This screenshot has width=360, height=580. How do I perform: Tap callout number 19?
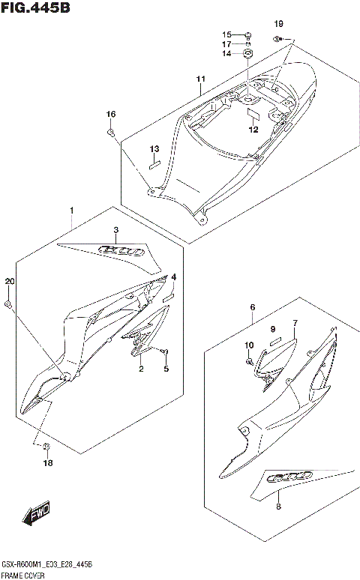click(x=278, y=22)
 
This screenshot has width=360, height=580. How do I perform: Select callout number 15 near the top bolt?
click(x=226, y=34)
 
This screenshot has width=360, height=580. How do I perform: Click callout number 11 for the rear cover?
click(x=200, y=79)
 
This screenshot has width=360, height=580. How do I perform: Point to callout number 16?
click(x=110, y=114)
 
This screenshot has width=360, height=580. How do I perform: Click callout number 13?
click(x=154, y=148)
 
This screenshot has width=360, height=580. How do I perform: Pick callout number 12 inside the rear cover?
click(x=253, y=129)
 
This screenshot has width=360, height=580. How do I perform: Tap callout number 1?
click(x=72, y=209)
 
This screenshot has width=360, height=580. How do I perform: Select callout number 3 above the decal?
click(x=115, y=230)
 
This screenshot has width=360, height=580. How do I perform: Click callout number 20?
click(x=9, y=281)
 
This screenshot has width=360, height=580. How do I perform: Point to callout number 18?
click(x=47, y=463)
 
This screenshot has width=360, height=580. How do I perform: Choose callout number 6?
click(x=253, y=307)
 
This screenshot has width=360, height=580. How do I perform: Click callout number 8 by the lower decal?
click(x=278, y=507)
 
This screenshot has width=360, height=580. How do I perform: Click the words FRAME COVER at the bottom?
click(x=26, y=575)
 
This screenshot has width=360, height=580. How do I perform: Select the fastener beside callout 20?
click(x=7, y=304)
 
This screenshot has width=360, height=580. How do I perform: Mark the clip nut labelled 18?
click(x=46, y=447)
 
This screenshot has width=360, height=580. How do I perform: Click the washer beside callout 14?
click(x=248, y=53)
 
